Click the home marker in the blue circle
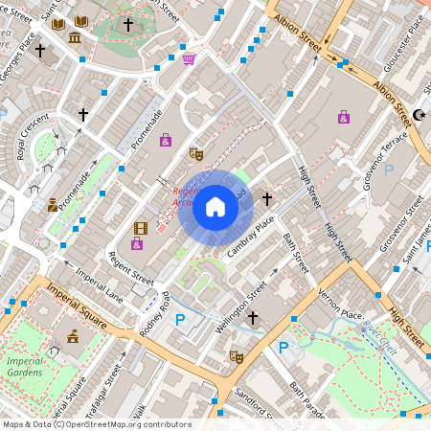215,206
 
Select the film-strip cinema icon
141,227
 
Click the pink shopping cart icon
189,59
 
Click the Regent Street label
131,267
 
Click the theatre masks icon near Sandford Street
236,357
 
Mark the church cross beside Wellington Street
253,317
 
